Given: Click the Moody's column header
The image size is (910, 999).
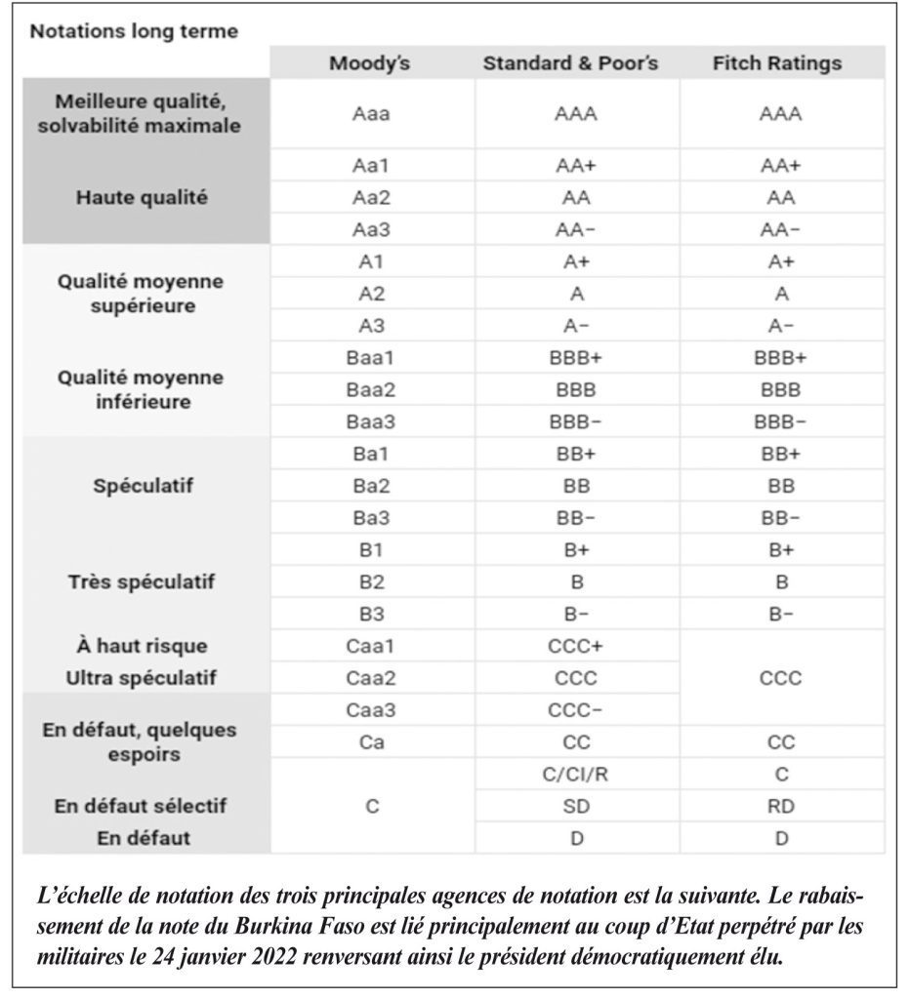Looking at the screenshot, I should [x=370, y=64].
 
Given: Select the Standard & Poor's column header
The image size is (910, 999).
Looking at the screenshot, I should [x=570, y=64].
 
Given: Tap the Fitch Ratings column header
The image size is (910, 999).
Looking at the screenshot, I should [x=777, y=64].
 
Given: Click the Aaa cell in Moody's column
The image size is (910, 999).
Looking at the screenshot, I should [x=371, y=114].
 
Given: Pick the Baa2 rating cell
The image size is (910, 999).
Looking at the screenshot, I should [x=371, y=390].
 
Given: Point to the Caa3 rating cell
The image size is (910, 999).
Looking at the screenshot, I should [x=371, y=709].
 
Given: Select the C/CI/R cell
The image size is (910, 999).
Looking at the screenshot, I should [x=576, y=774].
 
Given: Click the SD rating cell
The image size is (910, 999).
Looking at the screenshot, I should [x=576, y=806].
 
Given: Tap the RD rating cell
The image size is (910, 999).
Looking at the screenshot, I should [x=781, y=806].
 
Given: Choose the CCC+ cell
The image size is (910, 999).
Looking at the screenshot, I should [x=576, y=646].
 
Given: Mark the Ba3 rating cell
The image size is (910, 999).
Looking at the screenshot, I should [x=371, y=517].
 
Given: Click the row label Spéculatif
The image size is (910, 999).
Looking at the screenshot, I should [x=144, y=486].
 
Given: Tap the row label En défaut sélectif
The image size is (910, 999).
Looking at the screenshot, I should [x=142, y=806].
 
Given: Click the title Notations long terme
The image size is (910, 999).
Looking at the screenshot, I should [x=134, y=31].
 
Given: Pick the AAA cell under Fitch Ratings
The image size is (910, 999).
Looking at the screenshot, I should [x=781, y=114].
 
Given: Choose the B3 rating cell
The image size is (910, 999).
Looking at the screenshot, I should [x=371, y=614].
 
